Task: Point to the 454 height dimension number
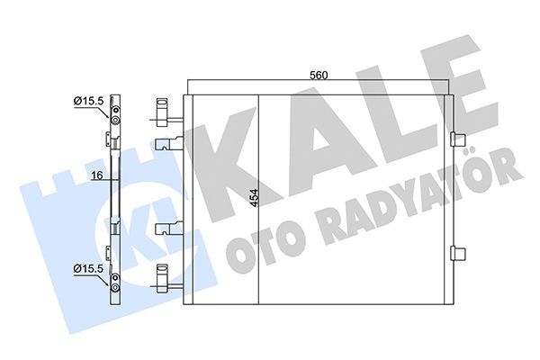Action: pos(254,202)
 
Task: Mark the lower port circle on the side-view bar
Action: pos(114,287)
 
